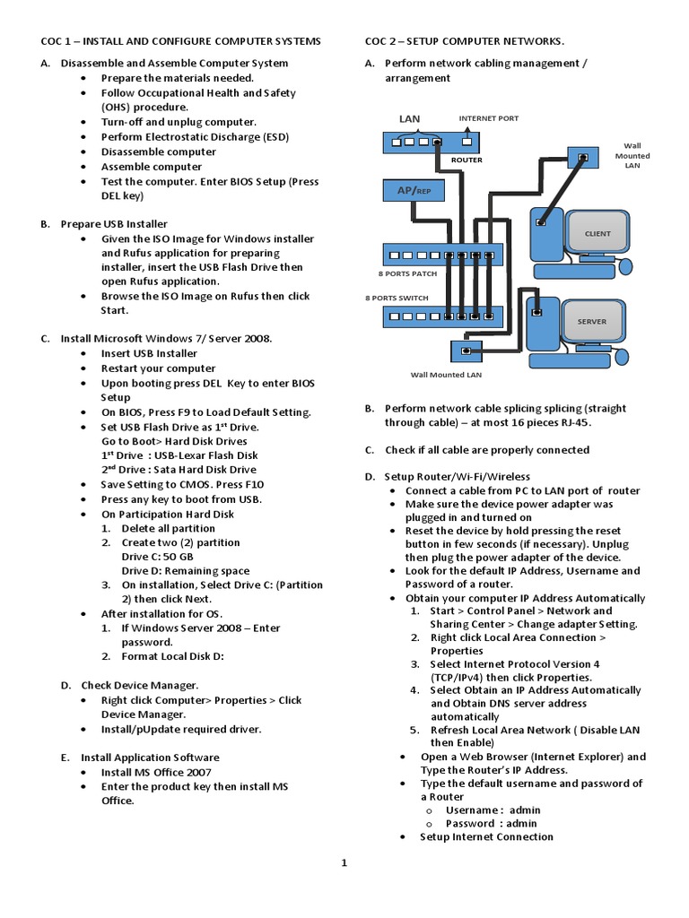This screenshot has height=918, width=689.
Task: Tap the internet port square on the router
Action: click(x=468, y=141)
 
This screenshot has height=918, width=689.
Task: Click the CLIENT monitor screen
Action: click(x=597, y=233)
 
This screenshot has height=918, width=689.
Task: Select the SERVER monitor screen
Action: click(x=591, y=321)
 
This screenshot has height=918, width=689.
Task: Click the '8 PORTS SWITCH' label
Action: click(x=397, y=298)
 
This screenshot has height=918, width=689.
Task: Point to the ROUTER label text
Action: click(x=467, y=160)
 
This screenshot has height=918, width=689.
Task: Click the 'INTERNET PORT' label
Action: click(x=488, y=118)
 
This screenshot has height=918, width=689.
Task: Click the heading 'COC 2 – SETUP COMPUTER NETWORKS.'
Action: click(x=465, y=41)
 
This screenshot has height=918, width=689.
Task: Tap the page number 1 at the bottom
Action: click(x=343, y=863)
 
